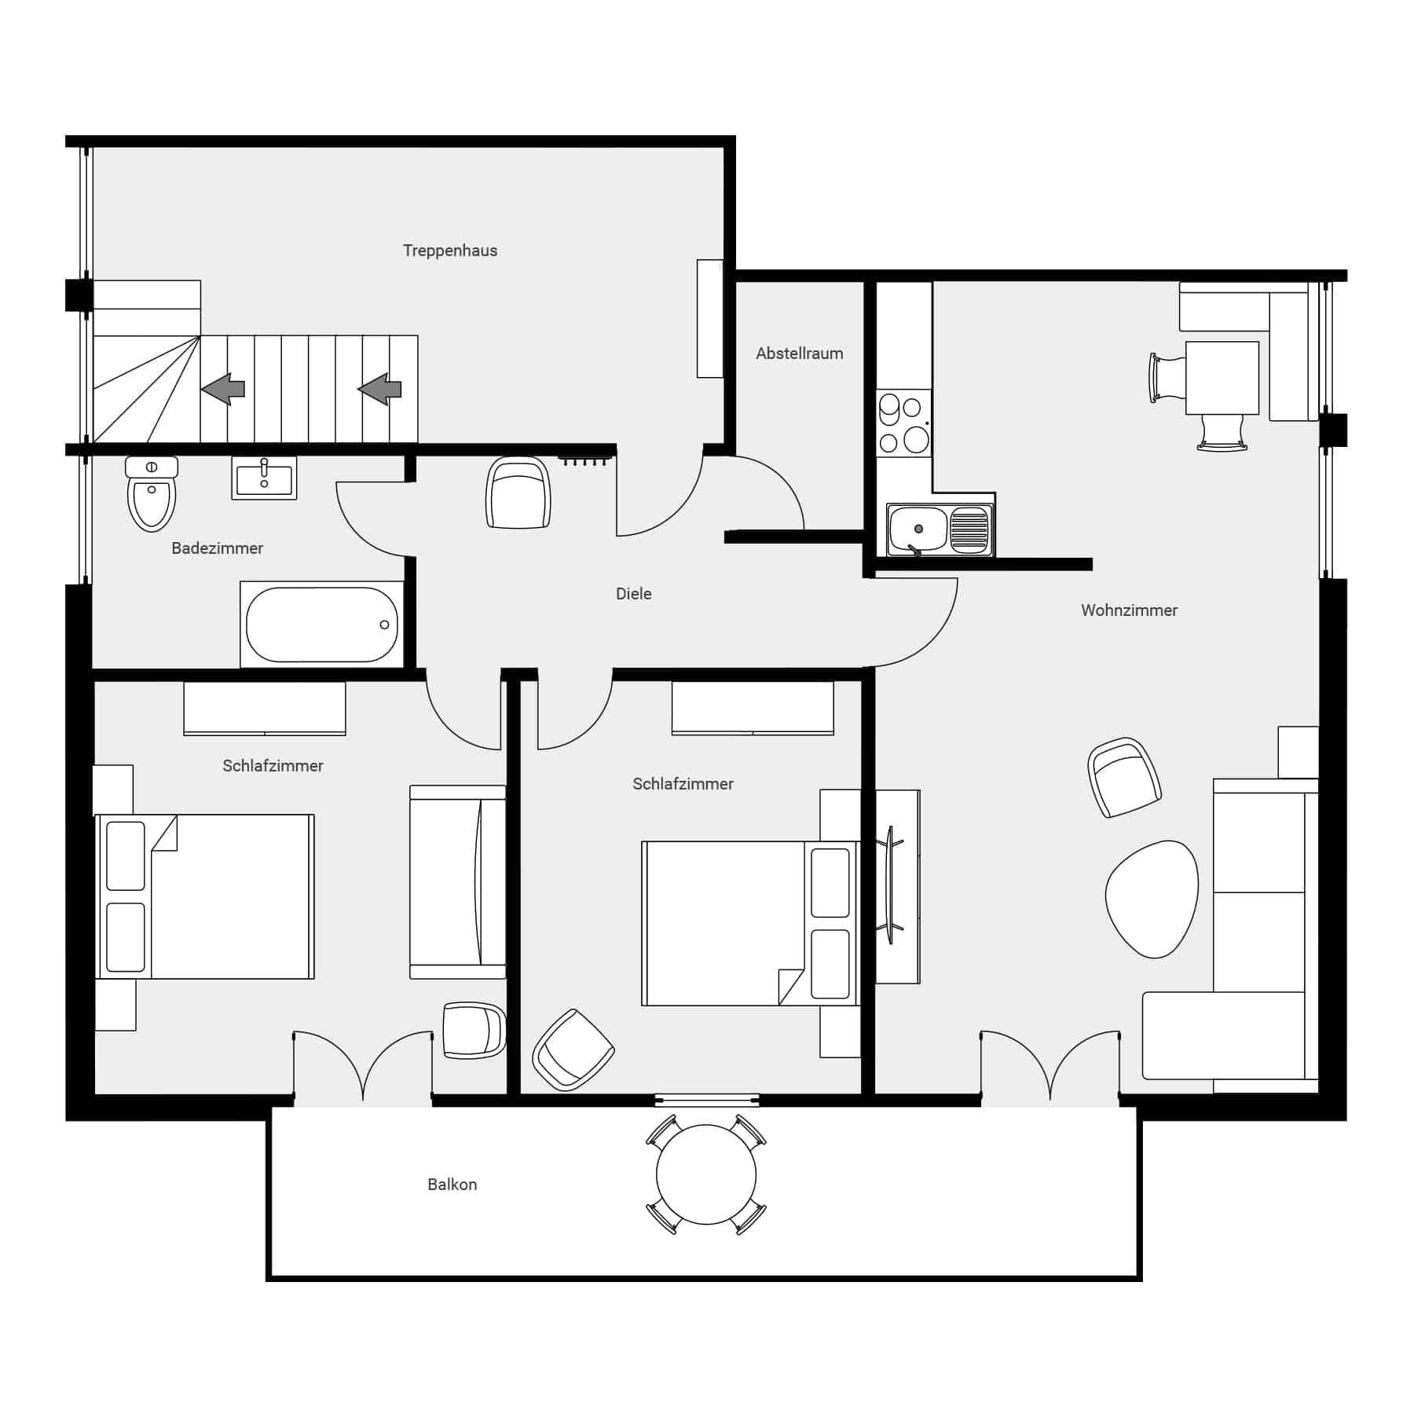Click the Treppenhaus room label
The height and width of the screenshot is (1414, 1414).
pyautogui.click(x=450, y=251)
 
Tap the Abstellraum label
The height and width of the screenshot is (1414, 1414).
pyautogui.click(x=800, y=353)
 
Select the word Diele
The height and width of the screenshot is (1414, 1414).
pyautogui.click(x=634, y=594)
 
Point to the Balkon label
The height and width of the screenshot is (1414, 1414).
pyautogui.click(x=452, y=1185)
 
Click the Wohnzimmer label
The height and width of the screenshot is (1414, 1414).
pyautogui.click(x=1130, y=610)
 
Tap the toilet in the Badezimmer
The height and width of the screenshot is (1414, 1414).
pyautogui.click(x=152, y=493)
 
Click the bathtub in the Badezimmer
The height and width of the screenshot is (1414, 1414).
pyautogui.click(x=322, y=625)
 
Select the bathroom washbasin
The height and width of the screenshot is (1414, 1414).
pyautogui.click(x=264, y=478)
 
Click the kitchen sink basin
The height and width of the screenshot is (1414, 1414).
pyautogui.click(x=918, y=529)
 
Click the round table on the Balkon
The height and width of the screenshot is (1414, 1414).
pyautogui.click(x=706, y=1174)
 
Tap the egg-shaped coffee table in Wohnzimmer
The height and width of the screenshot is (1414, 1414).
pyautogui.click(x=1152, y=899)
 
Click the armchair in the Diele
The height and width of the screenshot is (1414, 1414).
pyautogui.click(x=518, y=493)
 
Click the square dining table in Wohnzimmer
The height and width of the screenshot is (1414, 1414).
pyautogui.click(x=1222, y=378)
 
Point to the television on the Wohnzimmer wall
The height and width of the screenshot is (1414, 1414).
pyautogui.click(x=891, y=885)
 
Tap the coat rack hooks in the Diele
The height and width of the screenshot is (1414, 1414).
pyautogui.click(x=586, y=460)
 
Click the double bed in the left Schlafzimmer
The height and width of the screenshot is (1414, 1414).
pyautogui.click(x=205, y=896)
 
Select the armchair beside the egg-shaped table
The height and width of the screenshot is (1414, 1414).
pyautogui.click(x=1125, y=777)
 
